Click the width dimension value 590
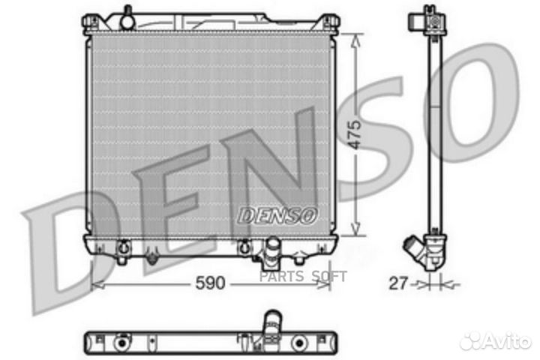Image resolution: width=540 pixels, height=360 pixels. (209, 286)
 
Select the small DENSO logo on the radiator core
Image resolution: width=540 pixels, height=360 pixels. (277, 215)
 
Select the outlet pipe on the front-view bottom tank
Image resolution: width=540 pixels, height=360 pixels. (271, 250)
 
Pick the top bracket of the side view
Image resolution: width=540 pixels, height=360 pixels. (427, 19)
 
